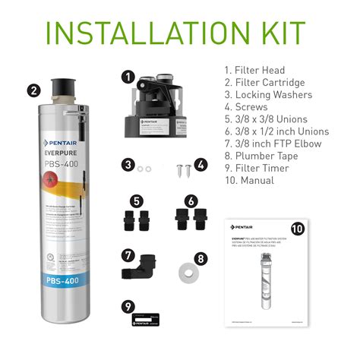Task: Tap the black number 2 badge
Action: [33, 90]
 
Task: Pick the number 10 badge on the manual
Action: [298, 228]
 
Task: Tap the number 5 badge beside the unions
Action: [136, 201]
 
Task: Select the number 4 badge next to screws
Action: [201, 164]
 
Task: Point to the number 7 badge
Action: [129, 254]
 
